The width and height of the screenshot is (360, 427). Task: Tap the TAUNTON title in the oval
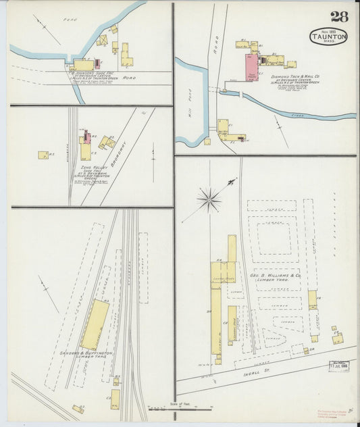[329, 36]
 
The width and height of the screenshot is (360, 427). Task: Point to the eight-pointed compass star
[210, 199]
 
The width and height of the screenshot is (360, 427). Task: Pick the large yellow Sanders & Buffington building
[94, 325]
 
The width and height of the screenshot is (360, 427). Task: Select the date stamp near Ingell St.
[338, 366]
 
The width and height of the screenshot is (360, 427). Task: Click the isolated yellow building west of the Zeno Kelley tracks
[43, 155]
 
